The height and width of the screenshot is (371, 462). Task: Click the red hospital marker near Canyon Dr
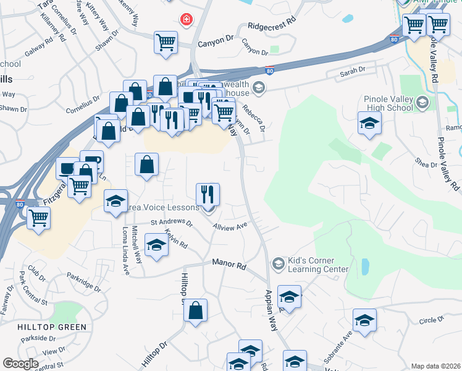tap(185, 20)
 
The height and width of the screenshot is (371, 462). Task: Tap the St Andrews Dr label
tap(172, 223)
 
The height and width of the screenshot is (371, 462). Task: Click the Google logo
tap(20, 364)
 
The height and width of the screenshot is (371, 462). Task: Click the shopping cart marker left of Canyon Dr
tap(166, 43)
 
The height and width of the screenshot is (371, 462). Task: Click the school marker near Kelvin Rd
tap(156, 245)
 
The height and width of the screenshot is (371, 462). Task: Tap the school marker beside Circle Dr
tap(364, 320)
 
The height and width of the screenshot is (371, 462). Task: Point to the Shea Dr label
tap(426, 162)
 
